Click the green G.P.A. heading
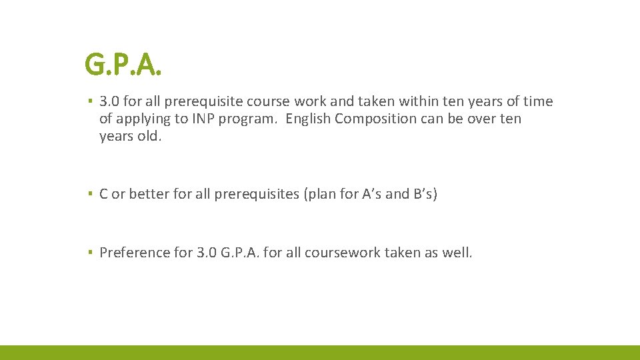click(x=124, y=65)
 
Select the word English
click(x=309, y=119)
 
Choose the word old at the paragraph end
click(x=150, y=137)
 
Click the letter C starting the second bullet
click(x=103, y=195)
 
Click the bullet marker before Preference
click(x=90, y=253)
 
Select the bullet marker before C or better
click(x=90, y=195)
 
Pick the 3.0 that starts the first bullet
click(x=108, y=102)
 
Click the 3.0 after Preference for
click(x=205, y=253)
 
